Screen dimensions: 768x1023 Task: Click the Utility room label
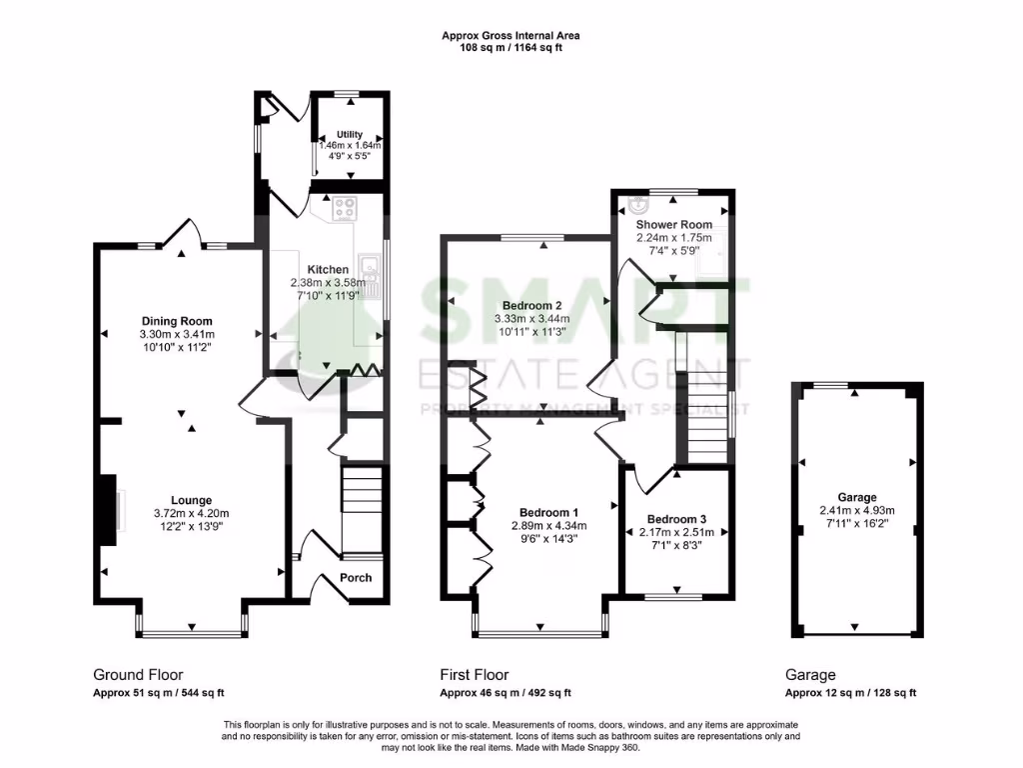tap(350, 134)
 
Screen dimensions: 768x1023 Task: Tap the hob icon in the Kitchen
tap(347, 209)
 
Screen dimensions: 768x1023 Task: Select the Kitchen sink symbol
tap(370, 267)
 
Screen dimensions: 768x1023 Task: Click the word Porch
tap(357, 577)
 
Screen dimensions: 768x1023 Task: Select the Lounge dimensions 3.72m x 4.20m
tap(191, 514)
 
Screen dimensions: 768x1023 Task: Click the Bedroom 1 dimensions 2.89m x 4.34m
tap(548, 525)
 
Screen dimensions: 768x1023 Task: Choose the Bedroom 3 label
tap(676, 519)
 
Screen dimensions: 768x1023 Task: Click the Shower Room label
tap(674, 225)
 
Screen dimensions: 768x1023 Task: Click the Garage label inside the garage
tap(857, 497)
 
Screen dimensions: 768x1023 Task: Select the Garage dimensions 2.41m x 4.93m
tap(857, 510)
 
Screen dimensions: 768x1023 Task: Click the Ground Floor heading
tap(138, 675)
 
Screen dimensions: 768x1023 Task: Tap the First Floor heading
tap(475, 675)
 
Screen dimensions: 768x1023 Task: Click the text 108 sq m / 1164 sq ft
tap(511, 47)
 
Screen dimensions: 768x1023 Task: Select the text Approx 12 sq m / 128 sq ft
tap(850, 693)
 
